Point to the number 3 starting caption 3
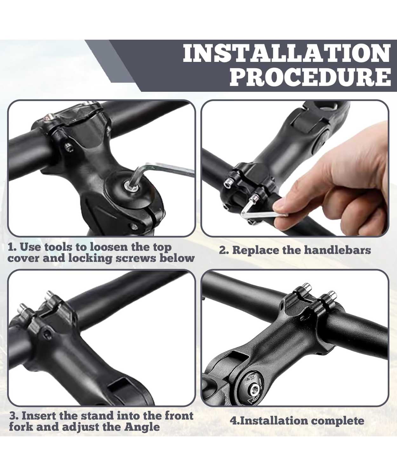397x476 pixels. point(13,416)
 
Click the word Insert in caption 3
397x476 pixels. point(39,416)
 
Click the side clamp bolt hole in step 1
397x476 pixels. point(69,148)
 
